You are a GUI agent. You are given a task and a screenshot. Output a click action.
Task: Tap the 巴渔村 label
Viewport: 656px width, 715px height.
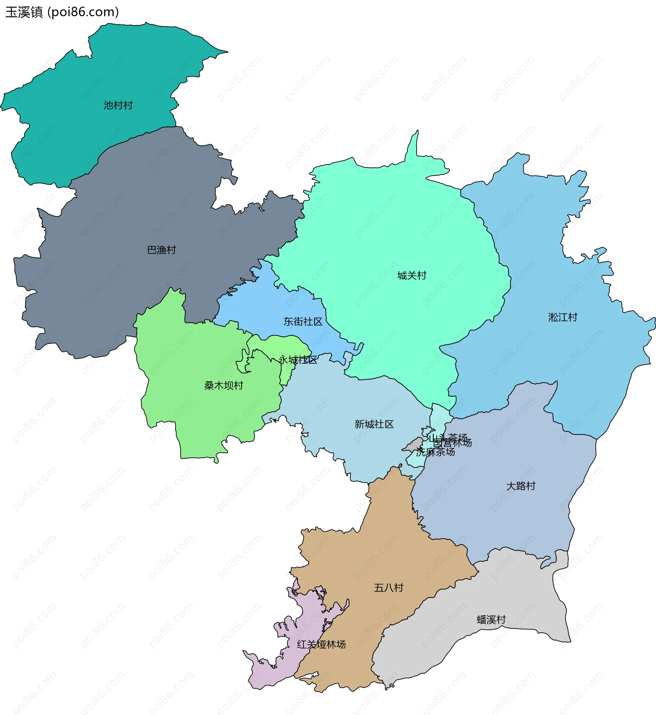tap(162, 250)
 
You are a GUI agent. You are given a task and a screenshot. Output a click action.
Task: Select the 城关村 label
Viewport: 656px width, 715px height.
tap(412, 275)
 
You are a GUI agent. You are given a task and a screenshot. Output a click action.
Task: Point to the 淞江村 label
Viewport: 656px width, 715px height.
tap(563, 317)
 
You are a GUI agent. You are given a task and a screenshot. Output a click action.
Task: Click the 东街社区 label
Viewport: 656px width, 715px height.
tap(303, 322)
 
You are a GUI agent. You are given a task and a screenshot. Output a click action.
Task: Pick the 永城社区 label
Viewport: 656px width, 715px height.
tap(298, 360)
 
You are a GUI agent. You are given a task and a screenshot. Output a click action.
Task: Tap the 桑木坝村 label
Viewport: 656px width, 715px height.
tap(224, 386)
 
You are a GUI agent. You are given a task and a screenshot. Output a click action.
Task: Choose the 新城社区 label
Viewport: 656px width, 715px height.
tap(374, 424)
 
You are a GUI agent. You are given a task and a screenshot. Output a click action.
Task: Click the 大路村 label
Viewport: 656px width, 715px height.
tap(521, 486)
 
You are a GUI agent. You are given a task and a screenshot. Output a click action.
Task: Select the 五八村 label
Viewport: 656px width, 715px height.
tap(389, 588)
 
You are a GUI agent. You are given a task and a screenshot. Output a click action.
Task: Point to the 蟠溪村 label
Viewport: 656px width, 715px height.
tap(491, 620)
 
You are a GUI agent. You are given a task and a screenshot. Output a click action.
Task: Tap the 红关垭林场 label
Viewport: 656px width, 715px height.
tap(321, 644)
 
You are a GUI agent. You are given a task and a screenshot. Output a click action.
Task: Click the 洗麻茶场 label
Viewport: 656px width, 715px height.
tap(436, 452)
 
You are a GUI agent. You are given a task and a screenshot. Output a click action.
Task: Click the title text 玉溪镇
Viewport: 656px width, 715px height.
tap(24, 12)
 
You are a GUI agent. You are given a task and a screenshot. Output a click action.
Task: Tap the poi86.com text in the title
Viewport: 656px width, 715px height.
tap(83, 12)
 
